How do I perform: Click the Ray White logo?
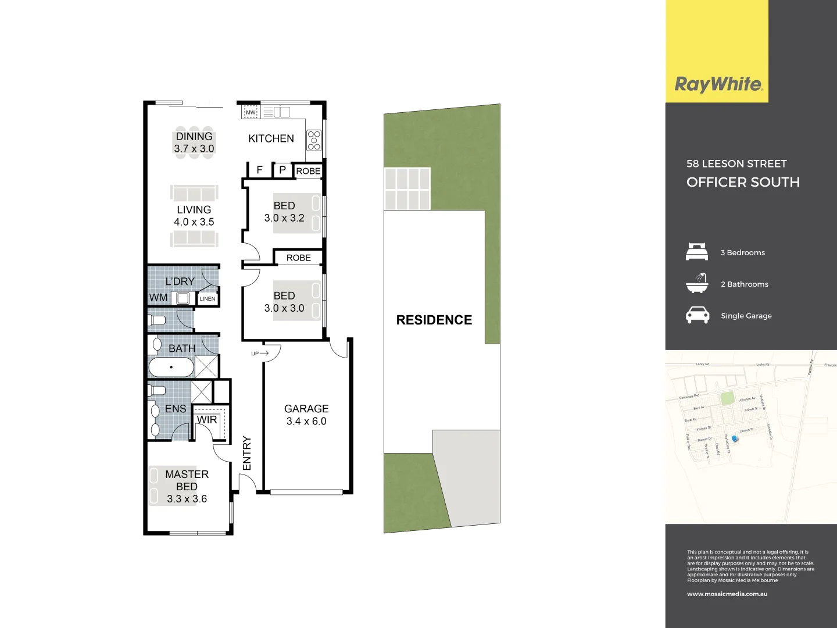(718, 84)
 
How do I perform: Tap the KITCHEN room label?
(271, 138)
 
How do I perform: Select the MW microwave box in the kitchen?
(251, 112)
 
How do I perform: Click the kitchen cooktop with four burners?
(314, 141)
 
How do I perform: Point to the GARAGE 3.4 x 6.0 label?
(306, 415)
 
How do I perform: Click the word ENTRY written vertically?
(247, 453)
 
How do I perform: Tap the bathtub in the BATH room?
(171, 367)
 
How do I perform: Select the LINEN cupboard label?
(208, 299)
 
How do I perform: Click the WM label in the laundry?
(158, 298)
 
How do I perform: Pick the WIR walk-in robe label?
(207, 420)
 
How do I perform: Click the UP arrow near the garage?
(260, 353)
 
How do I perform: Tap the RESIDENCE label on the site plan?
(434, 320)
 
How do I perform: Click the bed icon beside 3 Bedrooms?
(697, 252)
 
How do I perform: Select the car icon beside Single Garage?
(697, 315)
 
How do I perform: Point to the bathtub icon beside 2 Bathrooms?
(697, 283)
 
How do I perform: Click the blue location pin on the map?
(735, 439)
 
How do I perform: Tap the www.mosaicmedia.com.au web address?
(727, 594)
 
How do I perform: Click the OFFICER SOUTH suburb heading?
(743, 182)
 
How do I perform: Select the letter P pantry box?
(282, 170)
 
